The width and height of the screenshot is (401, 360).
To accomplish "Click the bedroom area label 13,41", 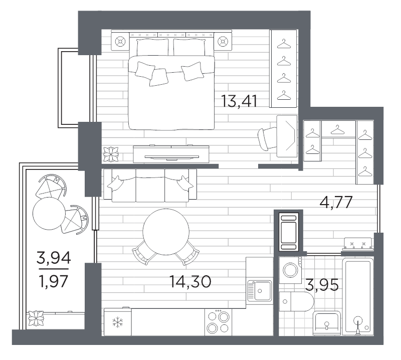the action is click(x=239, y=101).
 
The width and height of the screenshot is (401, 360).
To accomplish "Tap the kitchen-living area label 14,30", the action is click(x=190, y=282).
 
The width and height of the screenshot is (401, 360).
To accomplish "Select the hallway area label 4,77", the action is click(x=336, y=203).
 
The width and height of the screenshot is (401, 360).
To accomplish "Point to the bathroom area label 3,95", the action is click(x=322, y=285).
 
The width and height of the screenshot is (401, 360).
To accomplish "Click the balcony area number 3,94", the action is click(x=54, y=258).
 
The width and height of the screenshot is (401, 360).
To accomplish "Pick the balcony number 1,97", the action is click(x=54, y=281).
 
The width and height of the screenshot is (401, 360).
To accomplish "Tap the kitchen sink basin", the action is click(x=260, y=291).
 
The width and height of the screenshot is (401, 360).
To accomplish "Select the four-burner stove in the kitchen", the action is click(x=218, y=322).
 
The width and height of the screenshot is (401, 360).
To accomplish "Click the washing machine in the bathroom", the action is click(x=290, y=270).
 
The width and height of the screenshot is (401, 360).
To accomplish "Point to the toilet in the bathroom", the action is click(x=296, y=301).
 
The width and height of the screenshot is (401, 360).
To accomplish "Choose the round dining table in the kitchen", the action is click(x=166, y=232).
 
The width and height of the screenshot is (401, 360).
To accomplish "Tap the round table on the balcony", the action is click(x=49, y=214).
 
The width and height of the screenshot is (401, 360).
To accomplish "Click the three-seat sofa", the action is click(x=150, y=186).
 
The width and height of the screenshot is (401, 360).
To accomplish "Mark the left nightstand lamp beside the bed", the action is click(x=120, y=41).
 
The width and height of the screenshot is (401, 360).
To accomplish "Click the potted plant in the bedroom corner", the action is click(x=111, y=154).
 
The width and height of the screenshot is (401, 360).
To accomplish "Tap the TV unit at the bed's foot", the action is click(x=171, y=154).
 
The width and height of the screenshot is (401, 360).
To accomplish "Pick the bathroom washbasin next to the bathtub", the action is click(x=327, y=323).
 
